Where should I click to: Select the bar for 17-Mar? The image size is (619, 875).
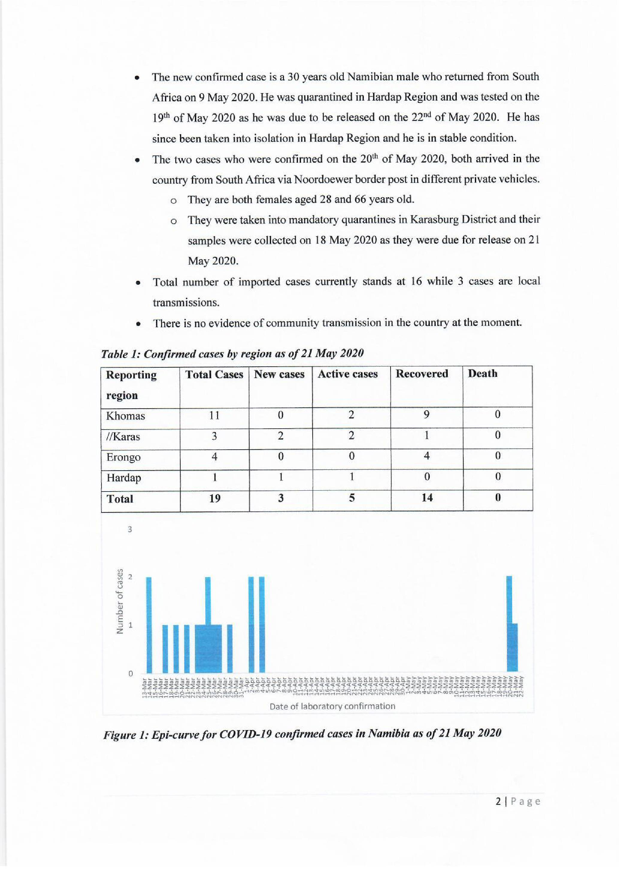click(x=165, y=649)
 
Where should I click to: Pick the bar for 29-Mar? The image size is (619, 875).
click(x=230, y=649)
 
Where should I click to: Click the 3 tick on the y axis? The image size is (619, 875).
click(x=130, y=529)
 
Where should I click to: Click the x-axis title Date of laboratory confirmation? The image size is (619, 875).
click(x=332, y=706)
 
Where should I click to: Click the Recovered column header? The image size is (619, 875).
click(x=422, y=374)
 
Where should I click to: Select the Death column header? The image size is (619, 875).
click(x=482, y=374)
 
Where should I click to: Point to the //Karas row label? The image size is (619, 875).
click(x=123, y=437)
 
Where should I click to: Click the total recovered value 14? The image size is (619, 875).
click(x=427, y=498)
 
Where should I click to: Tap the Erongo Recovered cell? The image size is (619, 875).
click(x=427, y=457)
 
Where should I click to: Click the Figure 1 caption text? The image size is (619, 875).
click(x=302, y=734)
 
